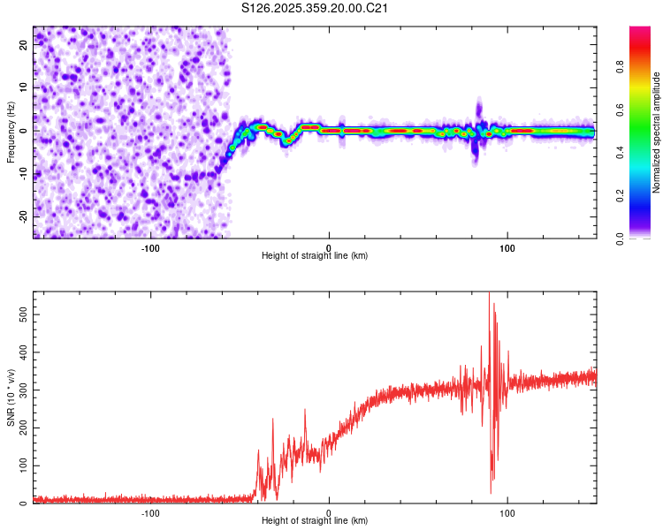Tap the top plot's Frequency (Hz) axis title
pyautogui.click(x=11, y=132)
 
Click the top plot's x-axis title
pyautogui.click(x=315, y=255)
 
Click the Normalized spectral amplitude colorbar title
pyautogui.click(x=657, y=132)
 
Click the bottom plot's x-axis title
pyautogui.click(x=315, y=520)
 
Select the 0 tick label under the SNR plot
pyautogui.click(x=329, y=511)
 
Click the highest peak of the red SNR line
pyautogui.click(x=489, y=294)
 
